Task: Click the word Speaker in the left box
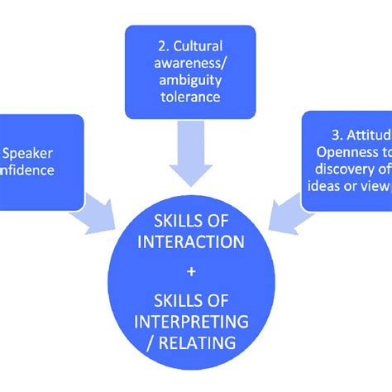click(29, 152)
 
